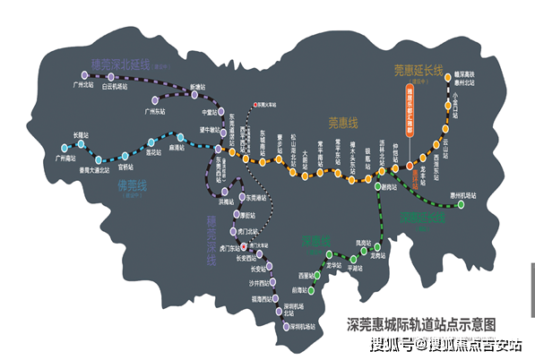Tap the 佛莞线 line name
pos(130,187)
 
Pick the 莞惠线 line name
pos(342,124)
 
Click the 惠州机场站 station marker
pos(461,203)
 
